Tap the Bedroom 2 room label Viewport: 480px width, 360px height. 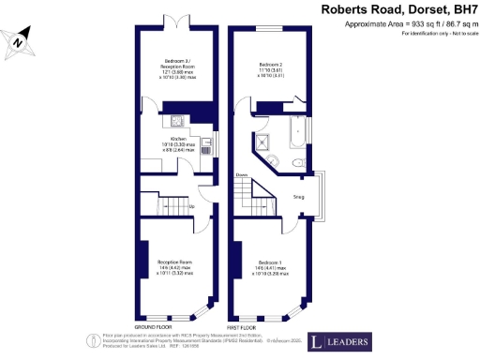pos(272,67)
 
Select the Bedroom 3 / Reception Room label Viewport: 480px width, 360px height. pos(176,68)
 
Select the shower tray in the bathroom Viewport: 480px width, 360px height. pos(263,142)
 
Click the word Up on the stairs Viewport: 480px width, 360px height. pos(192,206)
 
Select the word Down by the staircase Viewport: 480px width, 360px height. pos(242,175)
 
